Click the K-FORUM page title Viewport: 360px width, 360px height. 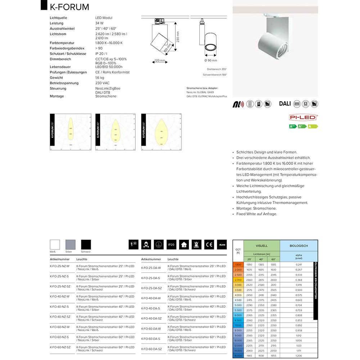[x=69, y=7]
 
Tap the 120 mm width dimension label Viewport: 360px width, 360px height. [x=160, y=60]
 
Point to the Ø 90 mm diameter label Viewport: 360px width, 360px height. [x=211, y=60]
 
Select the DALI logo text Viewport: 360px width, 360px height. [x=285, y=104]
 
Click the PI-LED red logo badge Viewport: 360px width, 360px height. [x=303, y=117]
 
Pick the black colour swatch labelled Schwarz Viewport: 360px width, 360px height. [x=86, y=245]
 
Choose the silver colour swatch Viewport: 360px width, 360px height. [x=71, y=245]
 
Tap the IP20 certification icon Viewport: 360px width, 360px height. [x=171, y=245]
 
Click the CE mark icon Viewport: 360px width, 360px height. [x=209, y=245]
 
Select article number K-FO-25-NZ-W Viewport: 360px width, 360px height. [x=59, y=266]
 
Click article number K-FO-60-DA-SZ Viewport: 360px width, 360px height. [x=151, y=349]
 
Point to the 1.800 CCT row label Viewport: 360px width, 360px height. [x=238, y=265]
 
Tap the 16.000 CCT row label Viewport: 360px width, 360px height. [x=238, y=355]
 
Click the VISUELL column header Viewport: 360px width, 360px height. [x=261, y=246]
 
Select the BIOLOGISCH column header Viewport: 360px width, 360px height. [x=299, y=246]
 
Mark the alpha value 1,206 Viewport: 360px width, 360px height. [x=299, y=355]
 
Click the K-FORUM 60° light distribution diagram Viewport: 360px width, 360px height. [x=161, y=132]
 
